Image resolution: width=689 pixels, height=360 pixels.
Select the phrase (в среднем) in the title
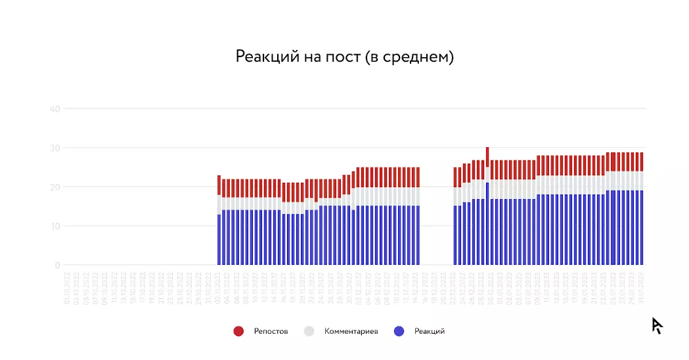pyautogui.click(x=409, y=57)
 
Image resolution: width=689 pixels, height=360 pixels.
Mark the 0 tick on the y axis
pyautogui.click(x=57, y=265)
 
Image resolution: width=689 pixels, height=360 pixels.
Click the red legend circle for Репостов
pyautogui.click(x=238, y=331)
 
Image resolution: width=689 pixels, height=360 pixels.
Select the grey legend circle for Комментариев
pyautogui.click(x=309, y=331)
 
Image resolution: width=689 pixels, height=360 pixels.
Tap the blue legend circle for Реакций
pyautogui.click(x=399, y=331)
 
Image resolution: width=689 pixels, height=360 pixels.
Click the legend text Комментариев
pyautogui.click(x=351, y=331)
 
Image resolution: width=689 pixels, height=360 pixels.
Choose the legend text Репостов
pyautogui.click(x=271, y=331)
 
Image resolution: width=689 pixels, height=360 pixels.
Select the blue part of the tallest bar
pyautogui.click(x=487, y=223)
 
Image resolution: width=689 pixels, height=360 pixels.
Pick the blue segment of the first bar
pyautogui.click(x=219, y=240)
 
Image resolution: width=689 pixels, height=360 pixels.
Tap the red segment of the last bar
pyautogui.click(x=641, y=162)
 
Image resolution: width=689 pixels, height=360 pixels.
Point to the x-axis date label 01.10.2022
pyautogui.click(x=68, y=290)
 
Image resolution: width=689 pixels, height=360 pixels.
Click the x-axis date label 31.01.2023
pyautogui.click(x=641, y=290)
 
